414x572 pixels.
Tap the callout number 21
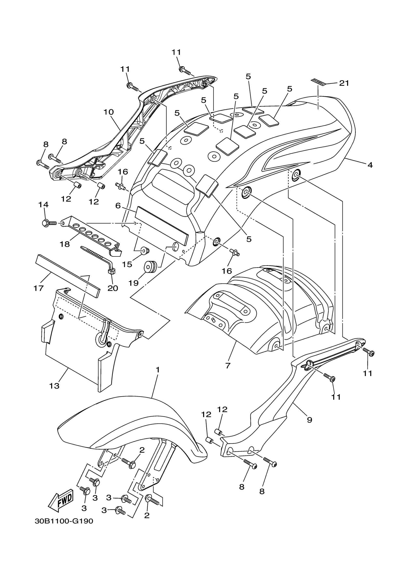click(344, 83)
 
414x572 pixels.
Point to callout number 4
click(370, 165)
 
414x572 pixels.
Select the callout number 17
click(38, 288)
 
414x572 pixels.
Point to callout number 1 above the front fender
click(158, 370)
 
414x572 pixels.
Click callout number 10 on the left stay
click(109, 112)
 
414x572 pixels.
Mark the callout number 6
click(118, 205)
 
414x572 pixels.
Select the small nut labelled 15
click(145, 251)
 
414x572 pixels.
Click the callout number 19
click(133, 283)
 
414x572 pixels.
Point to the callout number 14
click(43, 204)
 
